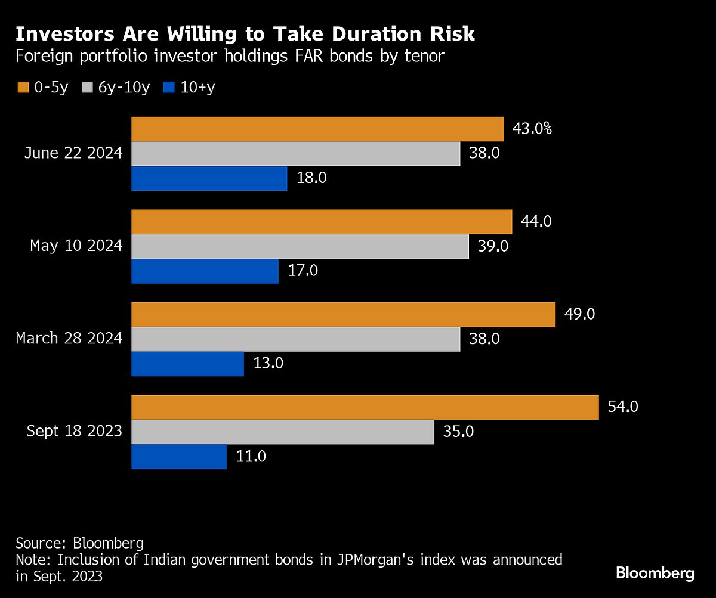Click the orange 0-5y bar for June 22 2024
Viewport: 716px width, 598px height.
click(317, 129)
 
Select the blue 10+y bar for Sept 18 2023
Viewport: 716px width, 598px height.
click(179, 457)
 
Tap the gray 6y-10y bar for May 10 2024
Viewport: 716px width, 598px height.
click(300, 246)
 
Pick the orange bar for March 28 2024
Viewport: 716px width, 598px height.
click(343, 314)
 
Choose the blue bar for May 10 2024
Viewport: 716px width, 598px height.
click(205, 271)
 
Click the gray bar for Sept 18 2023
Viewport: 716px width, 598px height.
click(282, 432)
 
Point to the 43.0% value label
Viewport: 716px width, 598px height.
click(532, 128)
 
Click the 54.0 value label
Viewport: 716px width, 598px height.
click(623, 407)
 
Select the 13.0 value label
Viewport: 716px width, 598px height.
click(268, 363)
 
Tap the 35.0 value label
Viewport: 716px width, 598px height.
click(458, 432)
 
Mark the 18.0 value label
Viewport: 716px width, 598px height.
click(311, 178)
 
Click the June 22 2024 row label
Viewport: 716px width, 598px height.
click(73, 153)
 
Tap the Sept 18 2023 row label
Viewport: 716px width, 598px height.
click(74, 431)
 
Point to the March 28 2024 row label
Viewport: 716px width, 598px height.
click(69, 339)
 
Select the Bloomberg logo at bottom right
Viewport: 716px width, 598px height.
click(655, 574)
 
